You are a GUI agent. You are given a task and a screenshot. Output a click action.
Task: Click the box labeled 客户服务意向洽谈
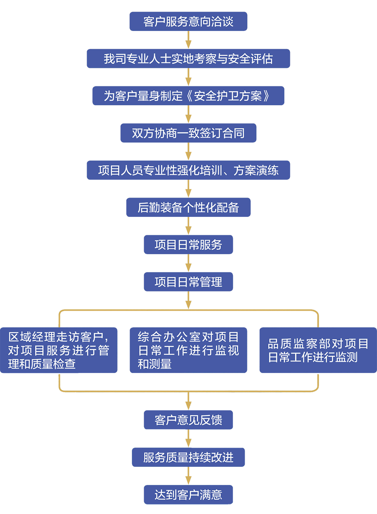click(188, 21)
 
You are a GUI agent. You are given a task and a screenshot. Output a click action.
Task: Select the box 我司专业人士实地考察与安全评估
click(188, 59)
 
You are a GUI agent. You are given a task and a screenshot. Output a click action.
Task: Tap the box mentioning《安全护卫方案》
click(188, 96)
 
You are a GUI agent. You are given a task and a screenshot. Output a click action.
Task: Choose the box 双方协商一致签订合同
click(188, 133)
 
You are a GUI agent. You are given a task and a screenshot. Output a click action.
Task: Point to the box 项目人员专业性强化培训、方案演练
click(188, 170)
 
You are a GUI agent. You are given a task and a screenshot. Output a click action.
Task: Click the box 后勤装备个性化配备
click(188, 207)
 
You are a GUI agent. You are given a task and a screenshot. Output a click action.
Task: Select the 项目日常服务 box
click(188, 245)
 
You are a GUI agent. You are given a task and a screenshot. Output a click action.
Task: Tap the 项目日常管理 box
click(188, 282)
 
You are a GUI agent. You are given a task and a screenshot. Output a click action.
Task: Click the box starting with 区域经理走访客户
click(58, 350)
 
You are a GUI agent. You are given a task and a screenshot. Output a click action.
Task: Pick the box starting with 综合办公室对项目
click(188, 350)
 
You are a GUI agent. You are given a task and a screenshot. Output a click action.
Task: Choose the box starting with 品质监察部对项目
click(318, 350)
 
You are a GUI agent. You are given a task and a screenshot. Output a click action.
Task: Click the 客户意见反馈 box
click(188, 420)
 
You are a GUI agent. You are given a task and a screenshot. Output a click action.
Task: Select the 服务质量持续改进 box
click(188, 457)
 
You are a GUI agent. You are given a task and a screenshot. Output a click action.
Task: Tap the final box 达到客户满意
click(188, 494)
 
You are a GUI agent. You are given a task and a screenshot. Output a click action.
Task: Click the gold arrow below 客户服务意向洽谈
click(188, 40)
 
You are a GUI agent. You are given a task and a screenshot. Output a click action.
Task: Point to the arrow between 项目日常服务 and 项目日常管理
click(188, 263)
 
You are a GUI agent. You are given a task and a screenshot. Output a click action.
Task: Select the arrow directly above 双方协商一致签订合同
click(188, 114)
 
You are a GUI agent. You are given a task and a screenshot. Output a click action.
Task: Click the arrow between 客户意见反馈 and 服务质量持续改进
click(188, 439)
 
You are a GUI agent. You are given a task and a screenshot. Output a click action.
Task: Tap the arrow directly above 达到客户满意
click(188, 476)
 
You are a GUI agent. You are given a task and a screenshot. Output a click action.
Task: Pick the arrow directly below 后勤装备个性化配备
click(188, 226)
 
